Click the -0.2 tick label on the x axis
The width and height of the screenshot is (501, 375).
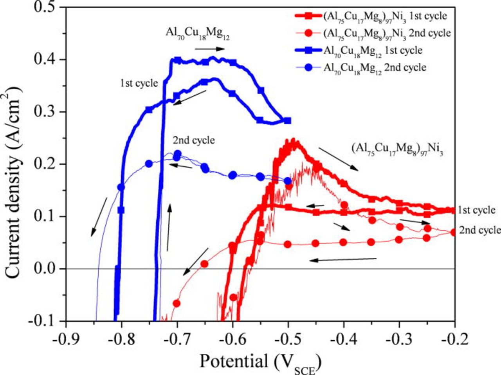(x=455, y=338)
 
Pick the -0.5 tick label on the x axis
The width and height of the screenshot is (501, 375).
(x=288, y=338)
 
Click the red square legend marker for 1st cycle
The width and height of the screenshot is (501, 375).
(x=309, y=16)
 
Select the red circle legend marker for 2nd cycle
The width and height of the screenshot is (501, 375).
(x=309, y=33)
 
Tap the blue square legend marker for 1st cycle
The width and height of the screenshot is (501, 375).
(x=309, y=50)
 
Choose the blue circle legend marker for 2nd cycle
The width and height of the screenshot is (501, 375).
(x=309, y=67)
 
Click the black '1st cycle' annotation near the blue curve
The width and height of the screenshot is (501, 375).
(x=139, y=83)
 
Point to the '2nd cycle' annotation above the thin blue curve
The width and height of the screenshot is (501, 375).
(x=194, y=140)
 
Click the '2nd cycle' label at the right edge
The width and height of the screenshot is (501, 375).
(x=479, y=230)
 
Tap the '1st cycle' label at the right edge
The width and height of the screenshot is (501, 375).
(x=476, y=210)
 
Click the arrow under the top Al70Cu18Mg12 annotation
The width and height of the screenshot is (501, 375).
(x=210, y=49)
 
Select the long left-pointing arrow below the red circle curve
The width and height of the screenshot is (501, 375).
(x=343, y=259)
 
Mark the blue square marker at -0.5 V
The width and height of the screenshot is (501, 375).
(x=288, y=120)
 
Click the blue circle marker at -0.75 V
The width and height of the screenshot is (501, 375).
(x=149, y=164)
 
